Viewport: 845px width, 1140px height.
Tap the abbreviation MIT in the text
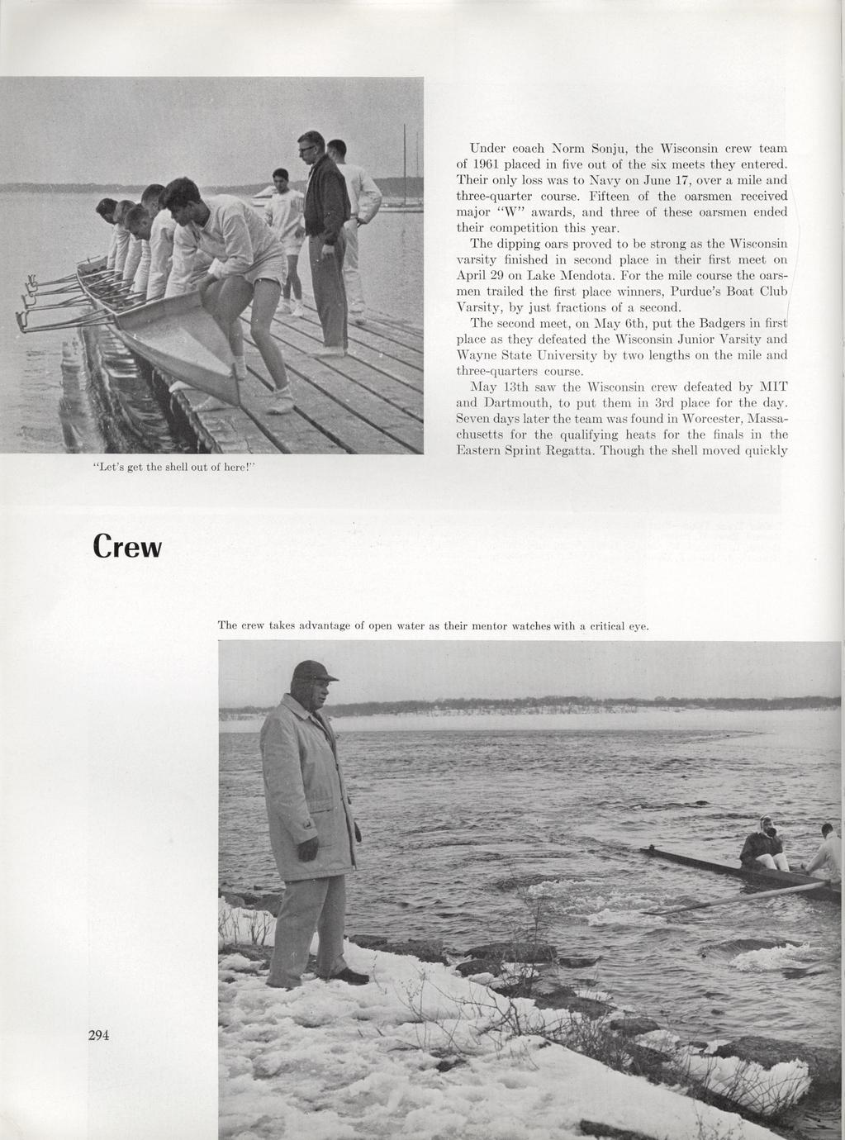click(x=772, y=386)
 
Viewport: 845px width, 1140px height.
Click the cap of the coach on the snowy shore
click(x=313, y=670)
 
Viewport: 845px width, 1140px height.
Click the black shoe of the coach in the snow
click(x=353, y=976)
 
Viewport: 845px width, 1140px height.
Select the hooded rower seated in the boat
click(x=763, y=843)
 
